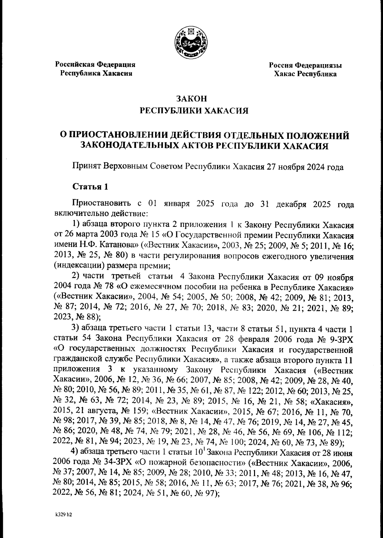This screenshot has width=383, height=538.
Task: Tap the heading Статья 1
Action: click(x=90, y=187)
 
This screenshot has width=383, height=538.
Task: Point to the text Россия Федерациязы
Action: click(x=305, y=65)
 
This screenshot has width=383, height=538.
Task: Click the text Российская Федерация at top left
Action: click(x=95, y=64)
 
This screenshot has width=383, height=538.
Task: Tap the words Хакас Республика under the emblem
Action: click(x=305, y=74)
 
